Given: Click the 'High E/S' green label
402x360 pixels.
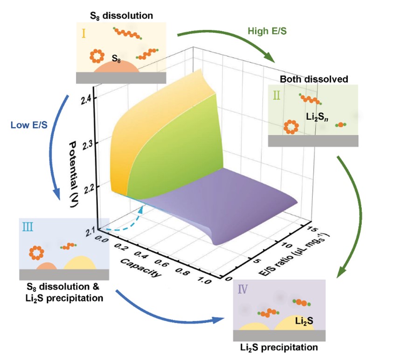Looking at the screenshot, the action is (267, 31).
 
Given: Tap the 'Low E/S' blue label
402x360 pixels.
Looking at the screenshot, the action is (29, 125).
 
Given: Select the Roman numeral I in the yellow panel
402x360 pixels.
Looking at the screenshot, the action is (83, 33).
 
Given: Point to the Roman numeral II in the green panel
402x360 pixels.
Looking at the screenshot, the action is (277, 96).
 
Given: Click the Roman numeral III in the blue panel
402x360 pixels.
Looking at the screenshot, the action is (28, 227).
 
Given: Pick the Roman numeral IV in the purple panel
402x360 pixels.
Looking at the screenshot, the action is (243, 289).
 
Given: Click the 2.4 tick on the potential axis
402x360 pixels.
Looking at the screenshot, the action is (86, 100).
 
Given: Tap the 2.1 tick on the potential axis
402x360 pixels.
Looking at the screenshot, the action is (90, 232).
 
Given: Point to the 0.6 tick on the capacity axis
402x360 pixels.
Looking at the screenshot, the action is (161, 263).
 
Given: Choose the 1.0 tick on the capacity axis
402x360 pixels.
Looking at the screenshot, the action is (204, 281).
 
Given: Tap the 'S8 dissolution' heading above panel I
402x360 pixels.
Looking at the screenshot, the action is (121, 16).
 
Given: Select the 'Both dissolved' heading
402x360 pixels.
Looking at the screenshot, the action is (314, 79).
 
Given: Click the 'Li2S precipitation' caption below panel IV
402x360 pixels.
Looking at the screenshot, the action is (279, 348).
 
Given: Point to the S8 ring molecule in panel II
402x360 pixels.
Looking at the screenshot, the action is (291, 127).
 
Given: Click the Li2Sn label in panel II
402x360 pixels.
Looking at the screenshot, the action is (317, 117).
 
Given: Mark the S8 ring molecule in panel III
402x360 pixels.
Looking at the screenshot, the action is (37, 253).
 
